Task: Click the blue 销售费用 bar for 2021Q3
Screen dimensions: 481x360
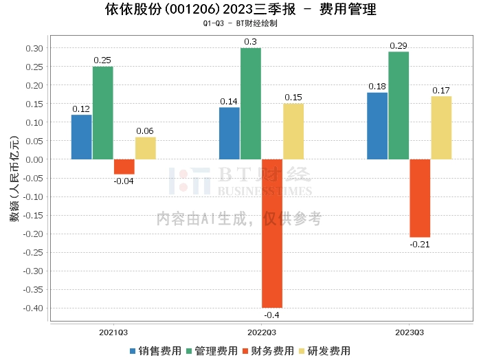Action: click(82, 137)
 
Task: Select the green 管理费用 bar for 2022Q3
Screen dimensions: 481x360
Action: click(251, 104)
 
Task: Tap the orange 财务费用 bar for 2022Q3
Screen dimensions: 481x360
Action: click(272, 234)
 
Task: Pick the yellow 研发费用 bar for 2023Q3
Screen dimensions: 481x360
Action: click(441, 128)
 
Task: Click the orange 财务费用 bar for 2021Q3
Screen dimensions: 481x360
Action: click(124, 167)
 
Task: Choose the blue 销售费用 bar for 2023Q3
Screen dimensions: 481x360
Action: click(377, 126)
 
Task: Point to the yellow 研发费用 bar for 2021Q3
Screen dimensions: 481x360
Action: click(146, 148)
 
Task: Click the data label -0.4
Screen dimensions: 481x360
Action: click(272, 315)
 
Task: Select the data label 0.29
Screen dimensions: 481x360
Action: click(398, 46)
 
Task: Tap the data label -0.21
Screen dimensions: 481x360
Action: click(420, 245)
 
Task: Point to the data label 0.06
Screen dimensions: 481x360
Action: click(145, 131)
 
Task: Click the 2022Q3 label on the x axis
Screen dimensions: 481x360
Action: click(262, 333)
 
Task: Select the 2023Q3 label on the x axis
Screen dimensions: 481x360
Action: click(410, 333)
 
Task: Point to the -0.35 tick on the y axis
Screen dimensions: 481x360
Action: click(33, 289)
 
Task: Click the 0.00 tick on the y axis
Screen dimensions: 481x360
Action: click(34, 159)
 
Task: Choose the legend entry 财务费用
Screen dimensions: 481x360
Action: click(269, 351)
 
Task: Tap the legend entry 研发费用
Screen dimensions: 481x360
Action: click(325, 351)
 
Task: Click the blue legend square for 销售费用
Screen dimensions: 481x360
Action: click(133, 351)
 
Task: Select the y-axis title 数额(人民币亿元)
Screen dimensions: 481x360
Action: click(14, 179)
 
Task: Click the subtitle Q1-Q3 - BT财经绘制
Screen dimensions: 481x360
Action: click(240, 23)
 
